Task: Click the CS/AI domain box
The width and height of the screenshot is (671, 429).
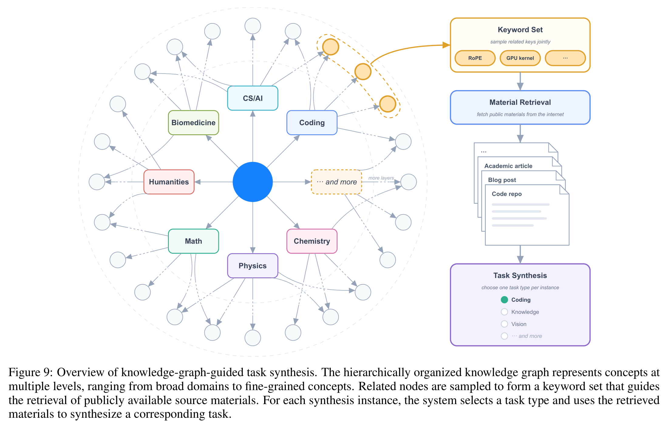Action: tap(253, 98)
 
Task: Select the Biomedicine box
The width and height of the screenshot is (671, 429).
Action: tap(193, 122)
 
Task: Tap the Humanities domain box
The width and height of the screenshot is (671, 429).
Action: tap(169, 182)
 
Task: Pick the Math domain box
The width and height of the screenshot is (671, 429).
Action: tap(193, 241)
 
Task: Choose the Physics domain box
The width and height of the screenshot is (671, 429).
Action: tap(253, 266)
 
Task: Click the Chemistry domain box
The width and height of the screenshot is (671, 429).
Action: tap(312, 241)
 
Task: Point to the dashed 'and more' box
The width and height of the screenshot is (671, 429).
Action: tap(336, 182)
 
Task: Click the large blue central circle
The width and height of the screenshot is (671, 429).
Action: tap(253, 182)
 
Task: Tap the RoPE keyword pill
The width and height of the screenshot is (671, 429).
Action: tap(475, 58)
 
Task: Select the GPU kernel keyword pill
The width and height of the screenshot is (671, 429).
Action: tap(520, 58)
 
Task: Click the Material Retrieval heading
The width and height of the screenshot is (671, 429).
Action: tap(520, 102)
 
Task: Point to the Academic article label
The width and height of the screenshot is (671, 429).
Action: tap(508, 166)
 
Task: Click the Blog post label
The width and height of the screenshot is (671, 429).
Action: tap(502, 180)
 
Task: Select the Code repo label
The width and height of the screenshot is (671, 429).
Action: tap(507, 194)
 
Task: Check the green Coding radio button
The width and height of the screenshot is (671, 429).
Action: tap(504, 300)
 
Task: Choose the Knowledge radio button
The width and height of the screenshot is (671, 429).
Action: tap(504, 312)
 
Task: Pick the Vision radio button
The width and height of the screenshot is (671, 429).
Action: tap(504, 324)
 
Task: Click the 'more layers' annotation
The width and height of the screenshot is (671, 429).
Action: tap(381, 178)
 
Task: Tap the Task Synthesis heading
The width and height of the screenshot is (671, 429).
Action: tap(520, 276)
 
